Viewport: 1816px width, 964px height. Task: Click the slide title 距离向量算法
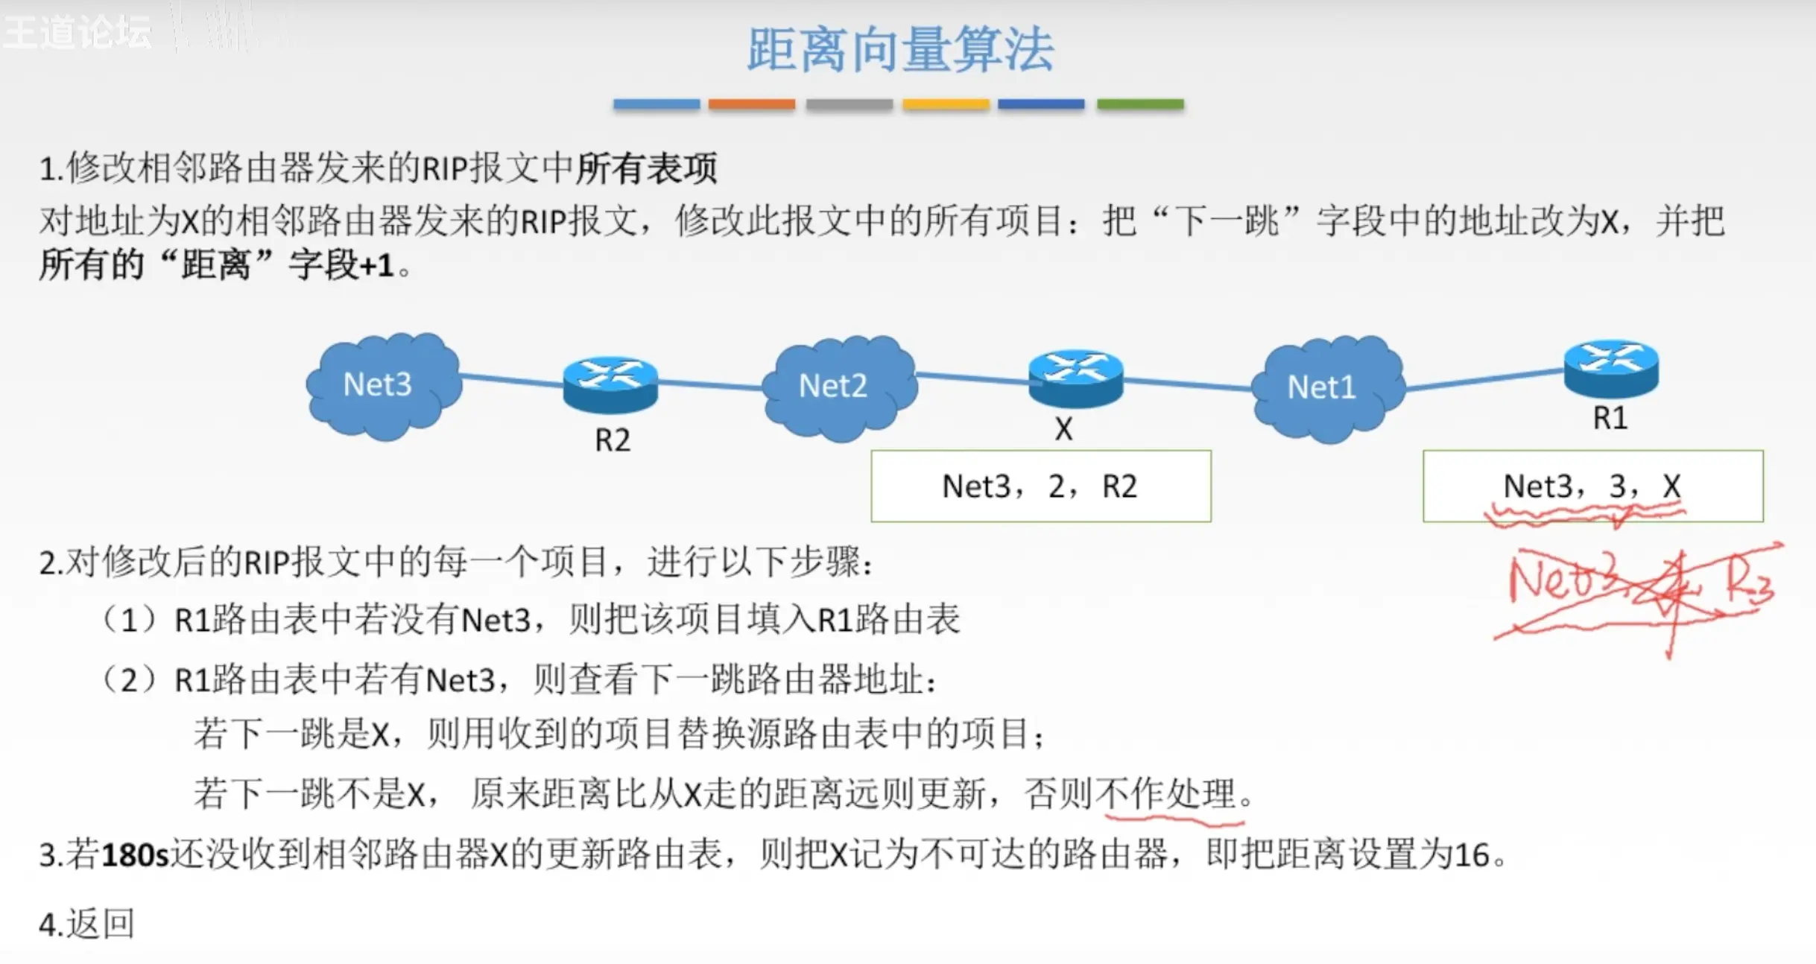pyautogui.click(x=900, y=51)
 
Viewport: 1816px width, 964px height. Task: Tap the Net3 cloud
pyautogui.click(x=382, y=385)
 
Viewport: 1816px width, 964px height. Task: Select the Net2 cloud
pyautogui.click(x=838, y=387)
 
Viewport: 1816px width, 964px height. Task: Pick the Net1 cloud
pyautogui.click(x=1326, y=388)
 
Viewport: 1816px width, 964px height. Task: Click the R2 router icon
pyautogui.click(x=610, y=383)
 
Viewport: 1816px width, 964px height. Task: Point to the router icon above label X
pyautogui.click(x=1075, y=377)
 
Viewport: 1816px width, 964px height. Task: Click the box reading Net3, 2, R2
pyautogui.click(x=1040, y=486)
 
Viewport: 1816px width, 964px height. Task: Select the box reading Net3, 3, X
pyautogui.click(x=1592, y=486)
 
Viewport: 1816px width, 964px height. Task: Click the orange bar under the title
pyautogui.click(x=751, y=104)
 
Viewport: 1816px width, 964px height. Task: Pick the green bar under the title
pyautogui.click(x=1139, y=104)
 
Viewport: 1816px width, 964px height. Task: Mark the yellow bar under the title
pyautogui.click(x=946, y=104)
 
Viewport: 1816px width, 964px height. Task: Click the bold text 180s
pyautogui.click(x=135, y=855)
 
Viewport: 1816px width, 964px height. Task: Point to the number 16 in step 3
pyautogui.click(x=1471, y=855)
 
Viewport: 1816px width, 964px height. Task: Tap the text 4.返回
pyautogui.click(x=86, y=925)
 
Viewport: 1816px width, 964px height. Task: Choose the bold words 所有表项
pyautogui.click(x=646, y=168)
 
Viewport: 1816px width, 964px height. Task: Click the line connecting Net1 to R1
pyautogui.click(x=1483, y=379)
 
